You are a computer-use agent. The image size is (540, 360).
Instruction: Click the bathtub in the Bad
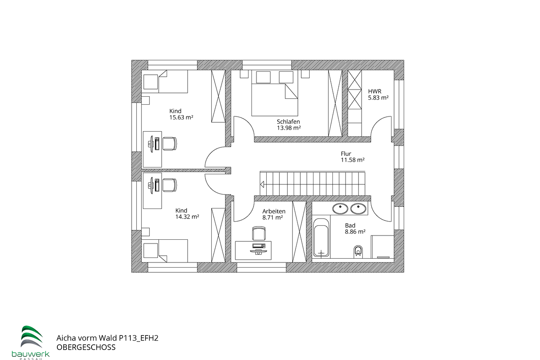coord(321,238)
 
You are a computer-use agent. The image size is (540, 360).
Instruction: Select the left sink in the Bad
coord(340,208)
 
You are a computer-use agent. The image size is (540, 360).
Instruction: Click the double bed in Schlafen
coord(275,93)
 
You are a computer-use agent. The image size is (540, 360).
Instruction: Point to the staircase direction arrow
coord(262,184)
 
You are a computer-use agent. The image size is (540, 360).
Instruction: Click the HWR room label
coord(374,91)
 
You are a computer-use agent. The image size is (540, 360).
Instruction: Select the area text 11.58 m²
coord(352,160)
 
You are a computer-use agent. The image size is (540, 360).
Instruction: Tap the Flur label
coord(346,154)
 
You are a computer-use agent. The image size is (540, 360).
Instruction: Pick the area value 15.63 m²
coord(181,118)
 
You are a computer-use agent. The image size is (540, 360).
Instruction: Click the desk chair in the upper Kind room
coord(170,143)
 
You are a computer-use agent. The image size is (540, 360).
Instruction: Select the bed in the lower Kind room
coord(165,250)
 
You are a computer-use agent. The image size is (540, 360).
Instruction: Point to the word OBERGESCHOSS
coord(86,347)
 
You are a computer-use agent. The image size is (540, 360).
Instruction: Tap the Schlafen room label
coord(288,122)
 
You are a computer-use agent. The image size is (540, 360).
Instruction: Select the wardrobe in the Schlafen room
coord(335,103)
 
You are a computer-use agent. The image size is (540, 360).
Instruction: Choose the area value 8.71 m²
coord(272,217)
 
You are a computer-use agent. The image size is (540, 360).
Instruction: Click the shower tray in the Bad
coord(382,247)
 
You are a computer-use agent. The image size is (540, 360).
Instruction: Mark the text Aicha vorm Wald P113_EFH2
coord(107,338)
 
